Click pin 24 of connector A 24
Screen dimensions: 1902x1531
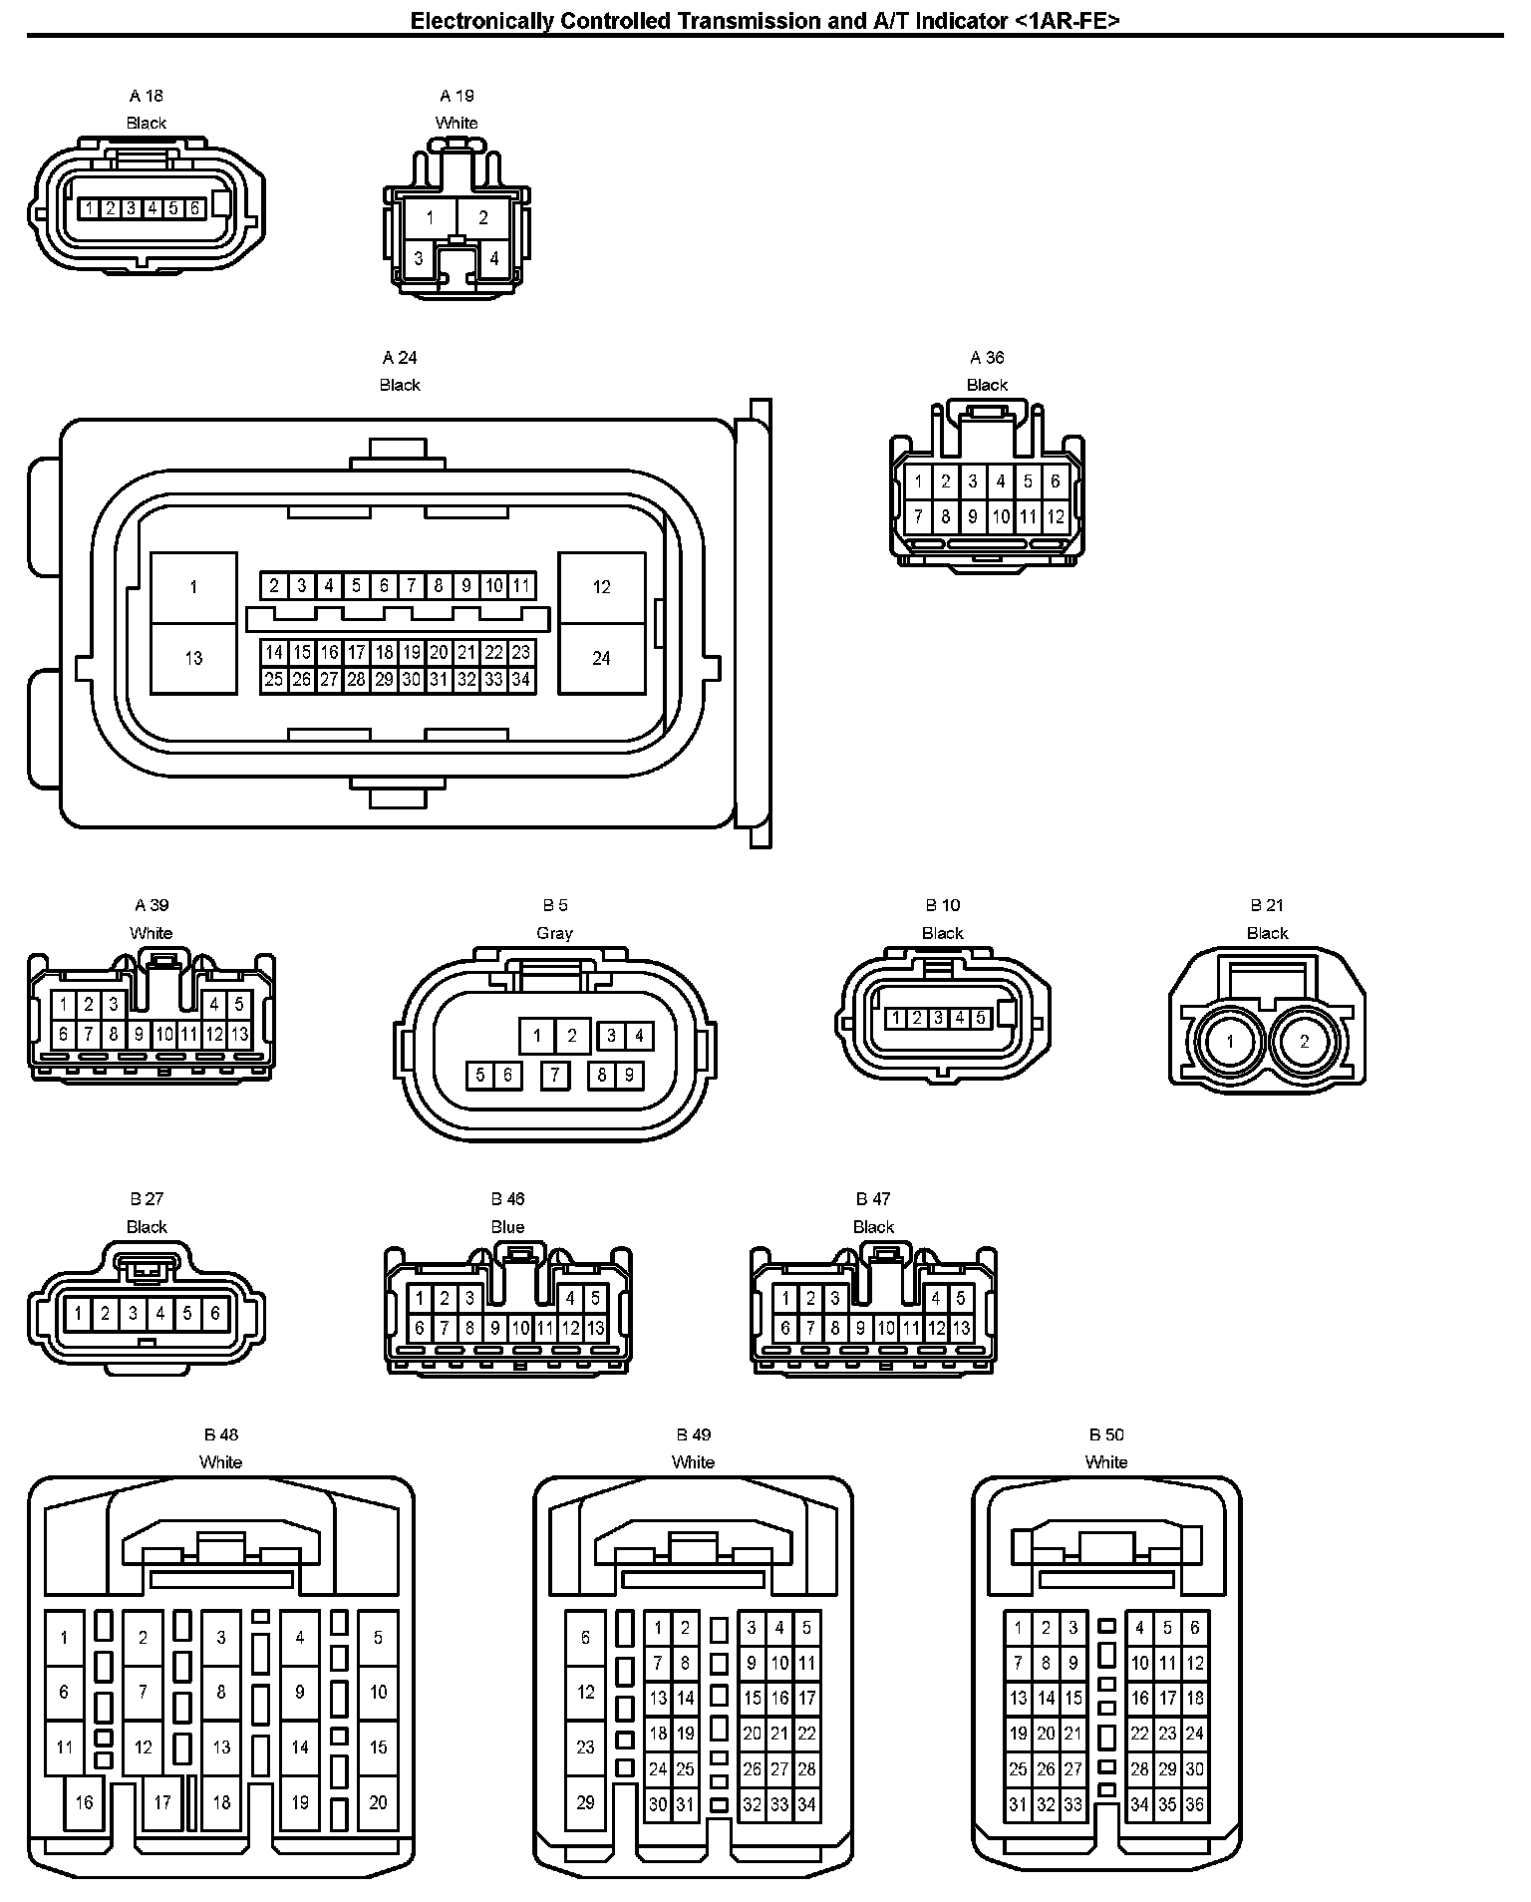coord(601,658)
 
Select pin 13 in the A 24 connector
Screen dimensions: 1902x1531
coord(193,658)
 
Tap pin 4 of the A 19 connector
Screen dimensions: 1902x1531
coord(494,258)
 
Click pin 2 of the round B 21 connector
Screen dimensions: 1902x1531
coord(1305,1042)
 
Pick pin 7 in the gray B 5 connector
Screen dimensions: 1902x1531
coord(555,1075)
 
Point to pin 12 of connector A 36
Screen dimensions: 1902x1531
coord(1056,516)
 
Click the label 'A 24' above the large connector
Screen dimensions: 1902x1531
coord(400,357)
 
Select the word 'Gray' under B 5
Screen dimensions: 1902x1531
coord(554,933)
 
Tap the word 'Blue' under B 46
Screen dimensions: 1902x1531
coord(507,1227)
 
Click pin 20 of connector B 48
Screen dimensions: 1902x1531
coord(378,1802)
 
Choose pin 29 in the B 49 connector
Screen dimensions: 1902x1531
coord(585,1802)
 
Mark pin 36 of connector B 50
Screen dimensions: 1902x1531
coord(1194,1804)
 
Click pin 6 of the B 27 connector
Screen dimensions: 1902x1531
coord(214,1313)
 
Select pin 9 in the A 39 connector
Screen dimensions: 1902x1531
coord(140,1035)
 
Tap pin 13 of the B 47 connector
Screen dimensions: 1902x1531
coord(961,1328)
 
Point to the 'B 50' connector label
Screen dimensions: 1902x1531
coord(1106,1434)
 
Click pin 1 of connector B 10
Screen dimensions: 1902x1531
coord(896,1018)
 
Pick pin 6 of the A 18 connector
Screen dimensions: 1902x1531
coord(194,208)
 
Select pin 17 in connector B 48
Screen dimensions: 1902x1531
coord(162,1802)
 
